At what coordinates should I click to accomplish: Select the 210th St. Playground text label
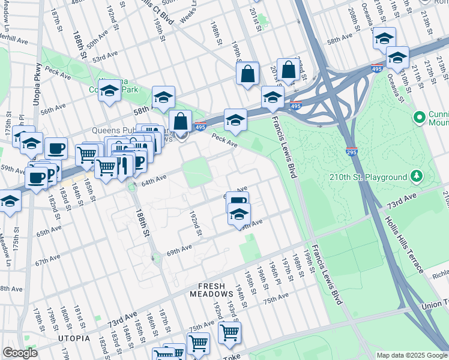point(367,177)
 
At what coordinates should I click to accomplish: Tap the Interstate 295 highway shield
point(352,151)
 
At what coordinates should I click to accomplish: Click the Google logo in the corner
point(20,353)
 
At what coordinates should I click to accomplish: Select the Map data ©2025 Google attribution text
point(412,355)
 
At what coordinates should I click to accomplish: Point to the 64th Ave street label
point(153,179)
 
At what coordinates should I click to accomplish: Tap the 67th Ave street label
point(49,262)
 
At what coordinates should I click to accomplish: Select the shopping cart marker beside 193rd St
point(229,332)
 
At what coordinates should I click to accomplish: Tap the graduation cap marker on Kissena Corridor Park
point(109,92)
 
